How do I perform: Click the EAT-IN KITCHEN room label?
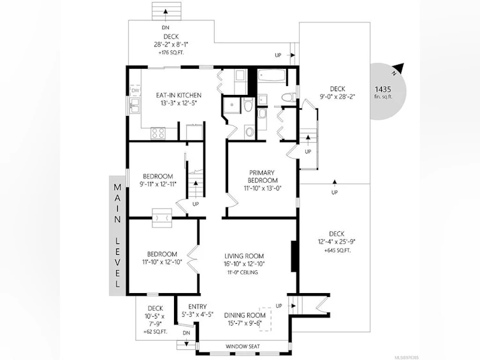[178, 95]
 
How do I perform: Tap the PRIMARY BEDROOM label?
[262, 176]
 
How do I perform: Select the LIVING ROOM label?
[244, 256]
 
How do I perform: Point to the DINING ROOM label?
[245, 315]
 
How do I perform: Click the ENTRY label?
[198, 306]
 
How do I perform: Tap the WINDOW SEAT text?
[243, 347]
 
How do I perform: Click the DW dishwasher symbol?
[135, 90]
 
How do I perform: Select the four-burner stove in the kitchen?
[158, 133]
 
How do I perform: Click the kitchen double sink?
[135, 105]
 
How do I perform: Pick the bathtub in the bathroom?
[272, 75]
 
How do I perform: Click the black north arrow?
[398, 68]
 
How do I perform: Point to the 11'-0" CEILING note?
[242, 272]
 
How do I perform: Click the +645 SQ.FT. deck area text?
[337, 250]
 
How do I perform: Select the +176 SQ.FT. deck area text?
[171, 53]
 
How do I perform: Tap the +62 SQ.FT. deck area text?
[156, 331]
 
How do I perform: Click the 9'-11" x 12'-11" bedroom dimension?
[158, 184]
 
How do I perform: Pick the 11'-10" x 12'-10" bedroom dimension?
[162, 262]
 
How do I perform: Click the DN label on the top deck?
[166, 27]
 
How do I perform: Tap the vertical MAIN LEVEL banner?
[117, 236]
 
